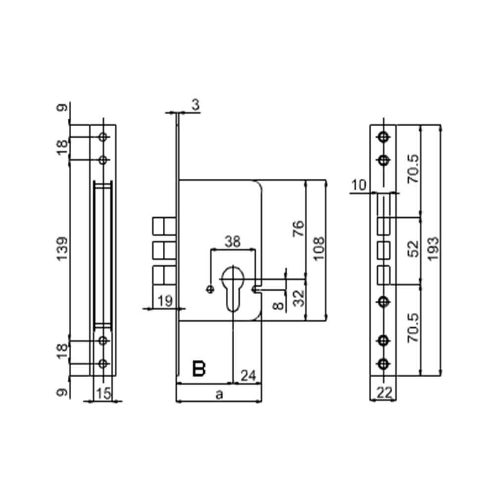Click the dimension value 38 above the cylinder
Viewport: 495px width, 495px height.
[233, 242]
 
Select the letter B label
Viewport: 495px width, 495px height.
[199, 369]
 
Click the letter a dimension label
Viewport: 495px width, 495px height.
[219, 395]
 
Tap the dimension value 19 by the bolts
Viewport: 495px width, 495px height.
[164, 300]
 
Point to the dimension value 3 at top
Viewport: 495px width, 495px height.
[195, 104]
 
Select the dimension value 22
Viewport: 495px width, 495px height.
[385, 393]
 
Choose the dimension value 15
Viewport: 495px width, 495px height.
[103, 394]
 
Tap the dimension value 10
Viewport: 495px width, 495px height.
[360, 186]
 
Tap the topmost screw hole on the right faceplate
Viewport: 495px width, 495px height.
[384, 137]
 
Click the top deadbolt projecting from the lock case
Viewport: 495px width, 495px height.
[163, 226]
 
